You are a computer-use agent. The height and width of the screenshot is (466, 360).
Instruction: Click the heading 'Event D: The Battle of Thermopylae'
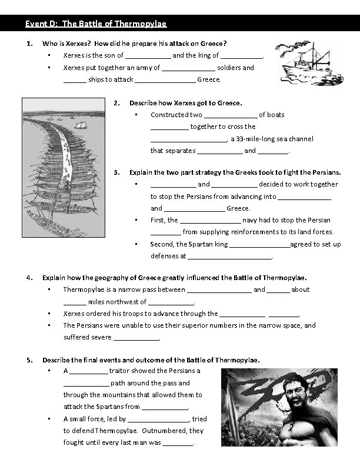(96, 24)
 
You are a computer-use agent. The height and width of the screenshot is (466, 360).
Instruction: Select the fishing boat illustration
(305, 62)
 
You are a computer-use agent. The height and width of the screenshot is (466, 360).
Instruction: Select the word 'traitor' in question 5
(119, 371)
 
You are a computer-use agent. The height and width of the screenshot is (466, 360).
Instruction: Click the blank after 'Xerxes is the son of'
(148, 56)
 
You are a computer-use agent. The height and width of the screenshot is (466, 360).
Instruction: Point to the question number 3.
(117, 172)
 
